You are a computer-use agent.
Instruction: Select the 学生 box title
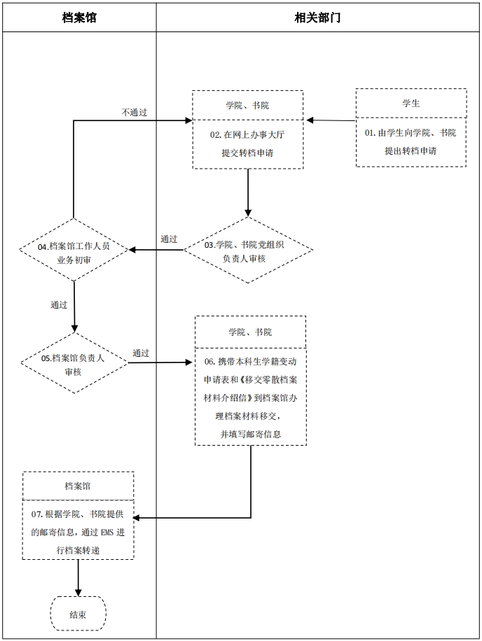(411, 103)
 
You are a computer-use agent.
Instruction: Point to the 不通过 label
(134, 112)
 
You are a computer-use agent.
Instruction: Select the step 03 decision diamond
(248, 251)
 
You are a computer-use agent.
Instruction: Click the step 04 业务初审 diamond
(74, 251)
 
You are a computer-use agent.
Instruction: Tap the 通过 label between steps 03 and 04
(168, 239)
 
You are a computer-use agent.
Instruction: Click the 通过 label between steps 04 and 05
(59, 305)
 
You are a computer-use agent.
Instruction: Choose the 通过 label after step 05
(141, 353)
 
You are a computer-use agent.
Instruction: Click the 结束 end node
(78, 614)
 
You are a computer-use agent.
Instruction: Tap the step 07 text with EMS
(78, 532)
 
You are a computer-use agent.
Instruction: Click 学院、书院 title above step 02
(247, 105)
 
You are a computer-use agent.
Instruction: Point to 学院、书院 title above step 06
(250, 332)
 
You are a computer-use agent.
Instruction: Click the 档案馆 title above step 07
(78, 486)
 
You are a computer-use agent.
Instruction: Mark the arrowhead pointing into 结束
(78, 591)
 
